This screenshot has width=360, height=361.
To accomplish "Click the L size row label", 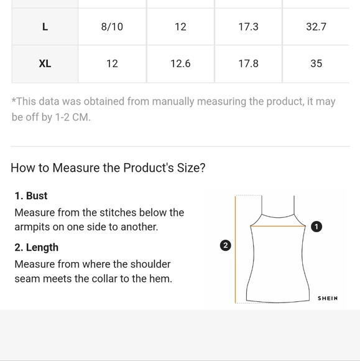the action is click(45, 27).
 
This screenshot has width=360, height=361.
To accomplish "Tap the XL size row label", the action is click(45, 63).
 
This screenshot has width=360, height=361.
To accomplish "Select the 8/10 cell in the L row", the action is click(112, 27).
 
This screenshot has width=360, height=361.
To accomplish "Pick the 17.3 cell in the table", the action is click(249, 27).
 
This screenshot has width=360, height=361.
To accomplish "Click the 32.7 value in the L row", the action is click(316, 27).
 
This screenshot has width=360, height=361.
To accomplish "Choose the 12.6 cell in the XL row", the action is click(180, 63).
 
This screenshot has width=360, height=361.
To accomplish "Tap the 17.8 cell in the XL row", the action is click(249, 63).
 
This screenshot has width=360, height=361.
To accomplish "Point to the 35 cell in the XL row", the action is click(316, 63).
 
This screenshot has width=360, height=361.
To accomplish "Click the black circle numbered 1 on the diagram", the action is click(316, 227).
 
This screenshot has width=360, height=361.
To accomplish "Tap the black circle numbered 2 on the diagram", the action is click(226, 245).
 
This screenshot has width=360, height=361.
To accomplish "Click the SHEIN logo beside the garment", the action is click(328, 298).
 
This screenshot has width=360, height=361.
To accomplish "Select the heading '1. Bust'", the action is click(31, 196).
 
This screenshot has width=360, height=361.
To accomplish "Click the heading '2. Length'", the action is click(36, 248).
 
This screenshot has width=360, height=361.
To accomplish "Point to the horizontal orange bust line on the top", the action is click(278, 226).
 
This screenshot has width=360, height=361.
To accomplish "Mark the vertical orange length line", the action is click(235, 250).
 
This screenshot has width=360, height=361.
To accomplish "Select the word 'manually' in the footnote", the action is click(173, 101).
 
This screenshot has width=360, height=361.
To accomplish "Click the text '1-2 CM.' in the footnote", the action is click(73, 117).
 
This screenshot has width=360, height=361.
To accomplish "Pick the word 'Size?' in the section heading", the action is click(191, 167).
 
